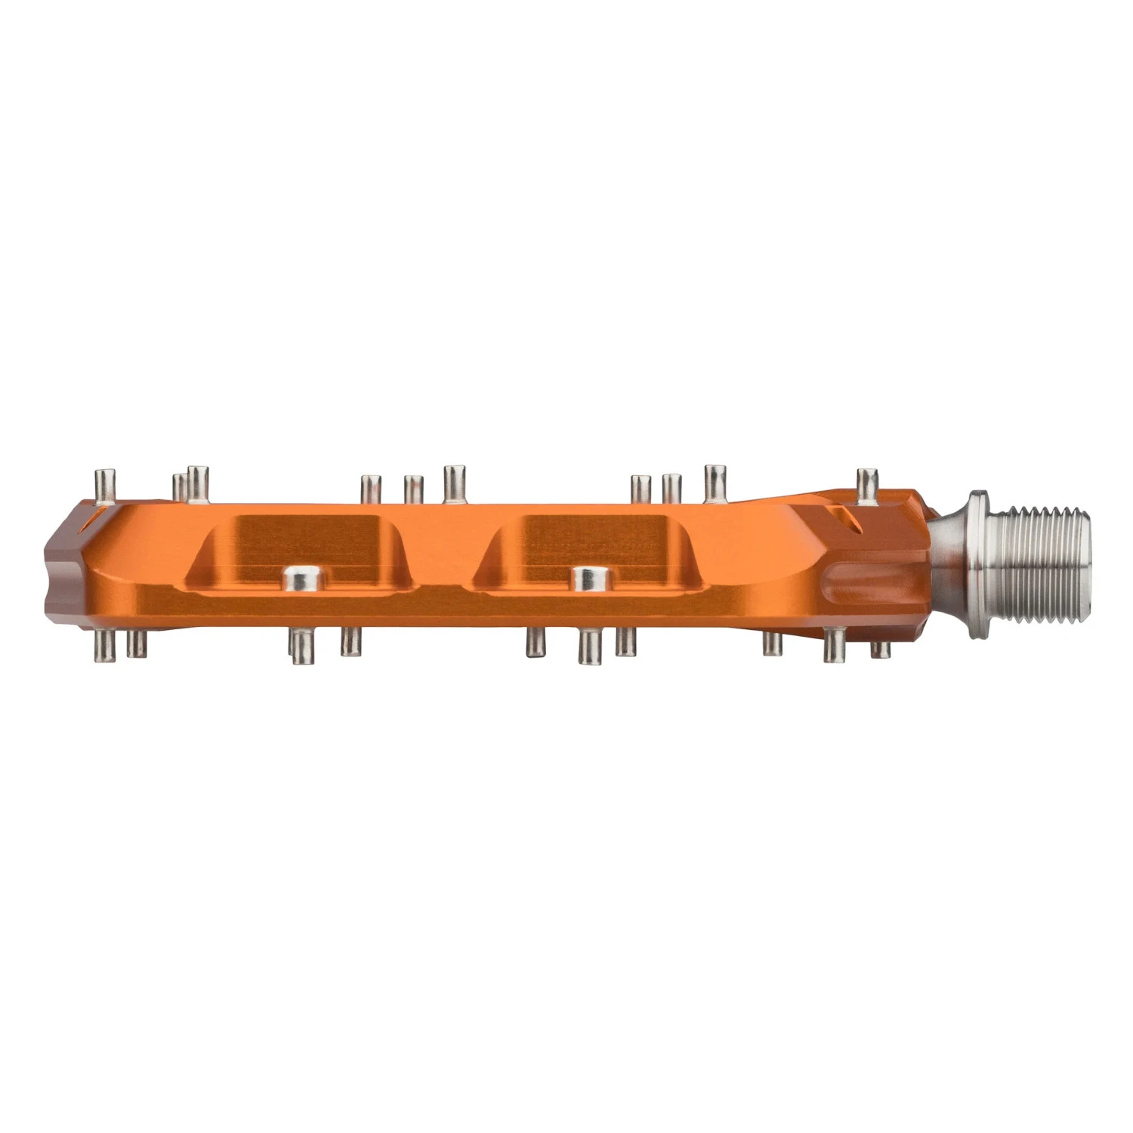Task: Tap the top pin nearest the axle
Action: click(x=866, y=484)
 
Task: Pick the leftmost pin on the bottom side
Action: click(x=103, y=644)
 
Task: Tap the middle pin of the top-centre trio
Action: click(x=413, y=489)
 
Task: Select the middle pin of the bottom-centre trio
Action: click(x=589, y=647)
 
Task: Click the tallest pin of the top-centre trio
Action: click(x=454, y=483)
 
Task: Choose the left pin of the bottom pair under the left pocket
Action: click(x=302, y=647)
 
